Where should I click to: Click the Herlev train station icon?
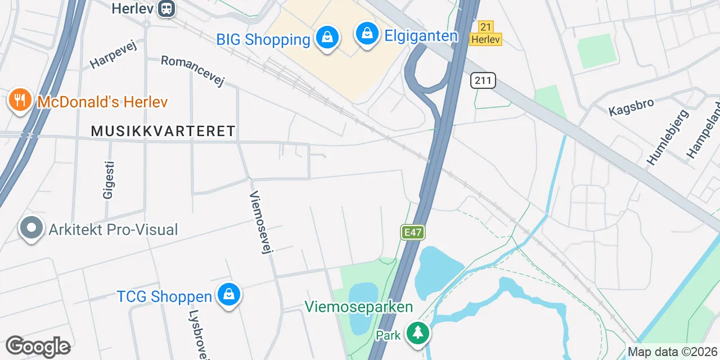point(166,8)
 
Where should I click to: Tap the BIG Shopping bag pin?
point(326,38)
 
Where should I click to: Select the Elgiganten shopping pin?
point(367,34)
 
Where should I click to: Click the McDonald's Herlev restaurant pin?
point(20,100)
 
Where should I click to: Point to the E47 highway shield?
point(412,232)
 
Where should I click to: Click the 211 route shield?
point(483,80)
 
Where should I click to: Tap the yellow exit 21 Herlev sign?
point(486,33)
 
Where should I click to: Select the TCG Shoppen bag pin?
point(229,294)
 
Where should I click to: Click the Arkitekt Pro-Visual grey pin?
point(31,228)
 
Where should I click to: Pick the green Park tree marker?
point(417,333)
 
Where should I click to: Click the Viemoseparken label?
point(359,307)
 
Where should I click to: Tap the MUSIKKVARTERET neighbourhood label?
point(163,131)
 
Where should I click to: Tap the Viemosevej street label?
point(260,222)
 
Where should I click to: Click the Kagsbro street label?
point(631,107)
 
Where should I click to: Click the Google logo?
point(38,346)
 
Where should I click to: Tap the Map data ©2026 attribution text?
point(672,352)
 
